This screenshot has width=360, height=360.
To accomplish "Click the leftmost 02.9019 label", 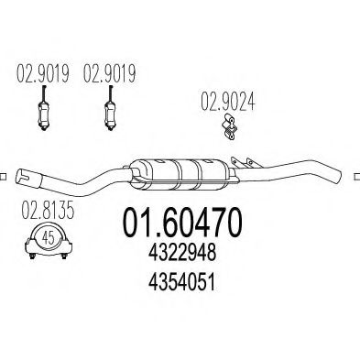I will tap(40, 70).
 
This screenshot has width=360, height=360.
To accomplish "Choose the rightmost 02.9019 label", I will tap(109, 70).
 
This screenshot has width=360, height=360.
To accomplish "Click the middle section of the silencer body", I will tap(187, 173).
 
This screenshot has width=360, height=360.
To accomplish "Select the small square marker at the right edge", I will tap(355, 174).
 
